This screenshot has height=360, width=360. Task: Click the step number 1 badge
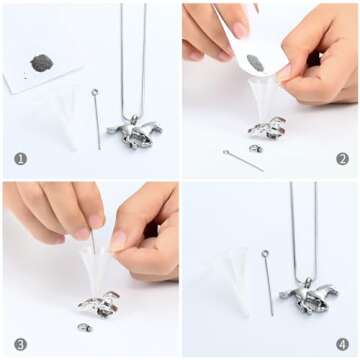coord(21,159)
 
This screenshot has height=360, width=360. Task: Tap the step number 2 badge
coord(342,159)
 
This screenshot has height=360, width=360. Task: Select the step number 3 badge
coord(21,344)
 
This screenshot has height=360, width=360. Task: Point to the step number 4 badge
coord(342,344)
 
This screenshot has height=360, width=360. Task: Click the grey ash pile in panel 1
coord(42,63)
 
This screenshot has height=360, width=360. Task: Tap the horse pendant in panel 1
coord(134,132)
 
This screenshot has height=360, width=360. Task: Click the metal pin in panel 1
coord(97,119)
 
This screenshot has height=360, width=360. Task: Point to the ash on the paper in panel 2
coord(255,63)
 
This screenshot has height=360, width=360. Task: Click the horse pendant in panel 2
coord(267,128)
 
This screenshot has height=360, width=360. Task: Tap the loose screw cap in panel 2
coord(256,148)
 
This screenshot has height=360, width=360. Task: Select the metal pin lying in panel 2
coord(243,161)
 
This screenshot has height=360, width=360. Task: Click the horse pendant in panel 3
coord(99,305)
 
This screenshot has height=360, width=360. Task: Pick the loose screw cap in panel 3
coord(85,327)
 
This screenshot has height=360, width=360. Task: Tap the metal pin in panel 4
coord(268,283)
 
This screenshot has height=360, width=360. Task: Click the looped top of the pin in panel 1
coord(95,92)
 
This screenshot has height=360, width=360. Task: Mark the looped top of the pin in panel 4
coord(265,253)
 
